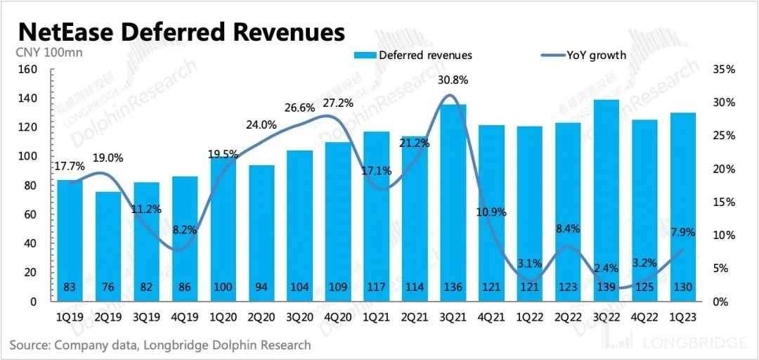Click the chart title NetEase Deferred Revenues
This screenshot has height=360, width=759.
181,32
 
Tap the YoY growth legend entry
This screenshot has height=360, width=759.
583,55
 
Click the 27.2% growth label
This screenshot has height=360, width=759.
339,103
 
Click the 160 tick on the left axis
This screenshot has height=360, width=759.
27,70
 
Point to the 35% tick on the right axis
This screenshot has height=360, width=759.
723,70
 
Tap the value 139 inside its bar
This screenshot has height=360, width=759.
606,288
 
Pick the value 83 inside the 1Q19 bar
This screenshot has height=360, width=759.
70,288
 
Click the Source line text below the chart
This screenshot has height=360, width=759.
160,345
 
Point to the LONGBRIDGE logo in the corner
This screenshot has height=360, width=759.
684,343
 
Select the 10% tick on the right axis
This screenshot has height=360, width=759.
723,235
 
